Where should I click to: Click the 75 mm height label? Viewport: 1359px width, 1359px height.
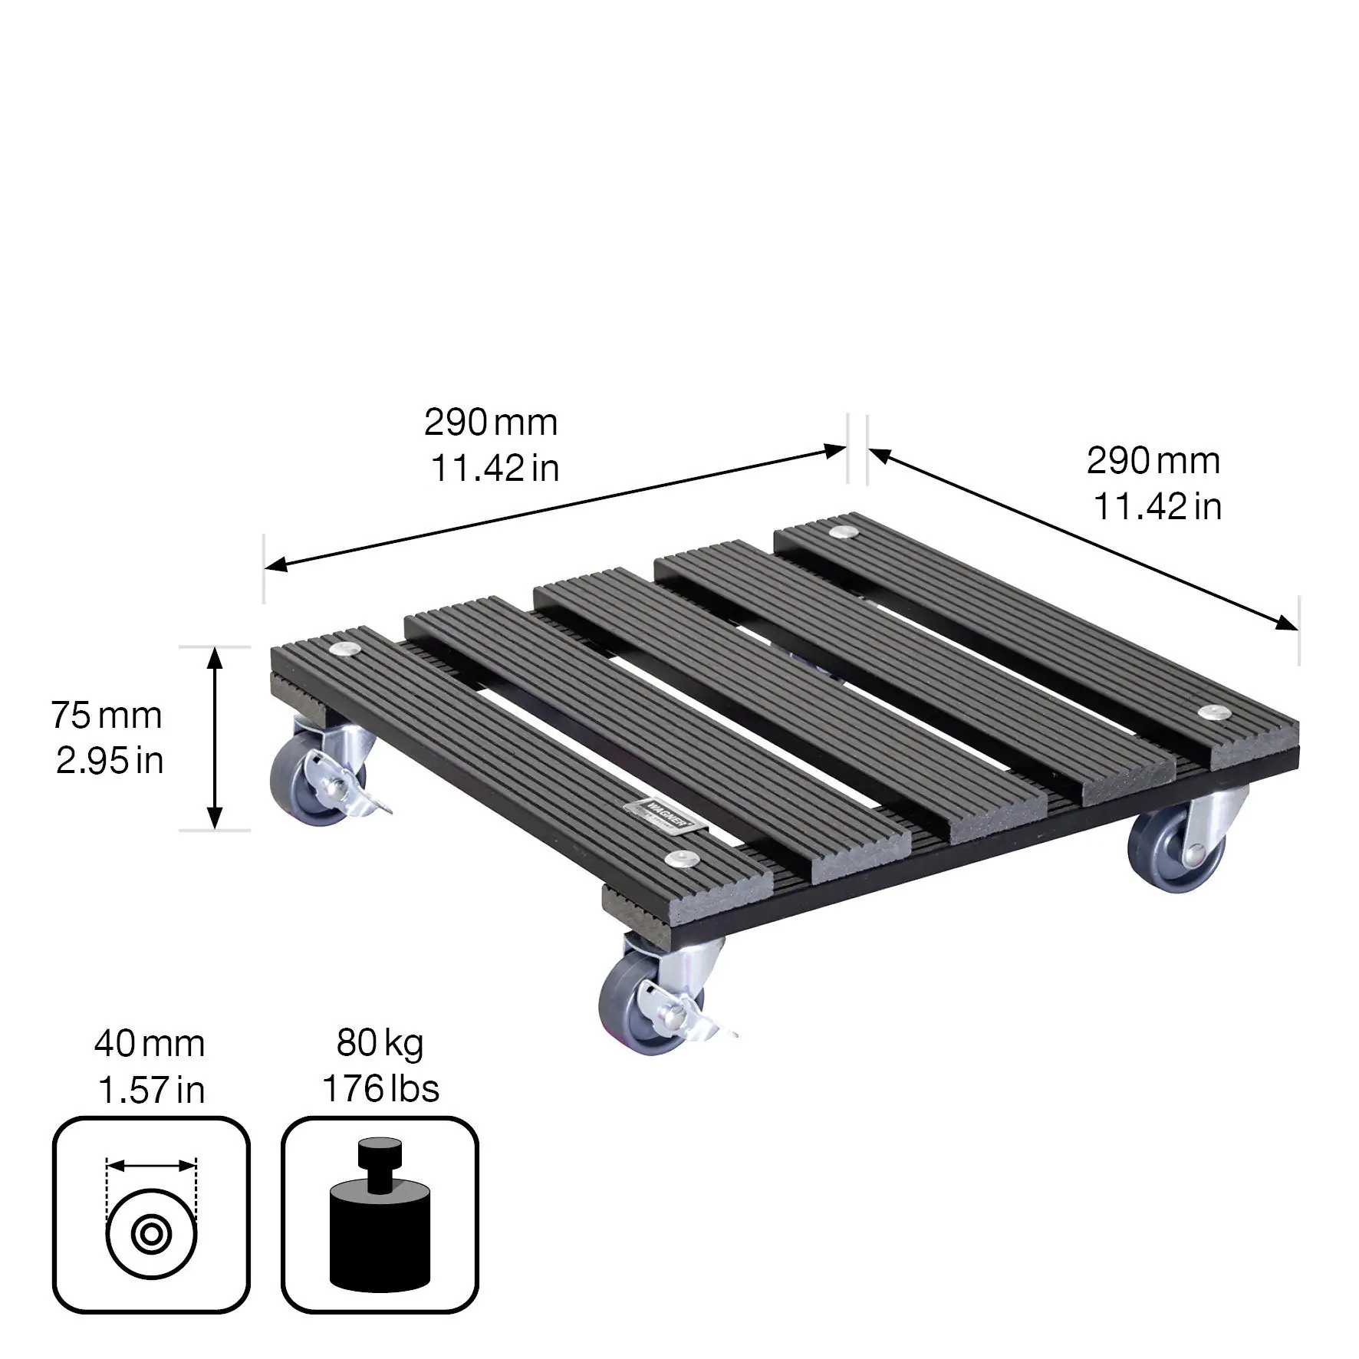coord(107,716)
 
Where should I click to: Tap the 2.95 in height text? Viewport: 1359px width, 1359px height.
coord(110,761)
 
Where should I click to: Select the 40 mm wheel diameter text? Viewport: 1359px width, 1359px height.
coord(150,1044)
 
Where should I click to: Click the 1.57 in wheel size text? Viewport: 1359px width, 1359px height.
coord(152,1090)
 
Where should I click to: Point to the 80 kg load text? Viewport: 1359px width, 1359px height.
coord(380,1043)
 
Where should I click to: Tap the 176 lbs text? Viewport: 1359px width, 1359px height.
coord(380,1088)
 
